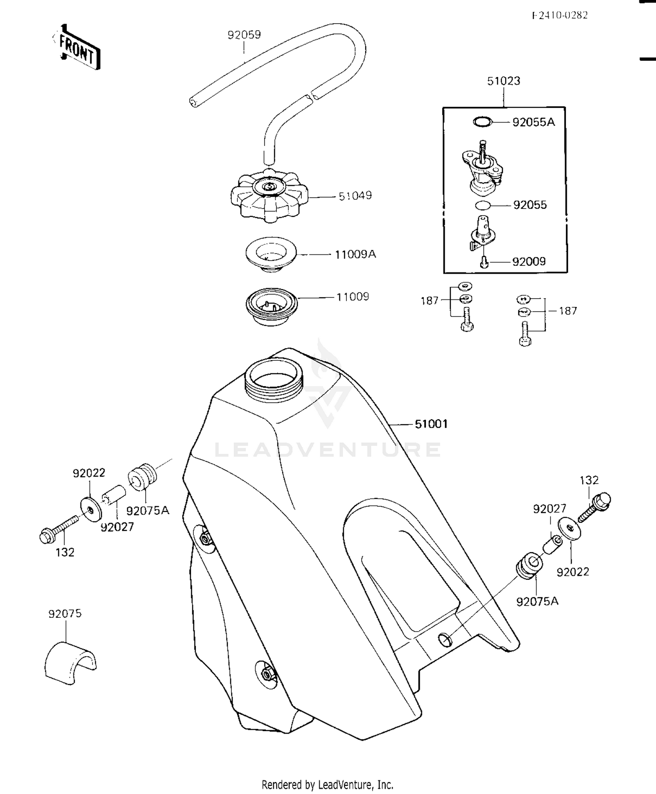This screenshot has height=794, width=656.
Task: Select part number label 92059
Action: (x=244, y=35)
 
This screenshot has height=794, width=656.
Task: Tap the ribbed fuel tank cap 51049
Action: (x=269, y=197)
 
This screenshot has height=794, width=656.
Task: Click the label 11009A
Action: (x=355, y=254)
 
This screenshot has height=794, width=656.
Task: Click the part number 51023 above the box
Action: (x=503, y=81)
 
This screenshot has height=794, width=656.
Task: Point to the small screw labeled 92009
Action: (x=483, y=262)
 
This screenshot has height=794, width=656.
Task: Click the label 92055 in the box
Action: (x=530, y=205)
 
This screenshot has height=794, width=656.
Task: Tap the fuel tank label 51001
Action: (x=431, y=424)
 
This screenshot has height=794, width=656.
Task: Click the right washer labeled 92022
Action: (x=569, y=530)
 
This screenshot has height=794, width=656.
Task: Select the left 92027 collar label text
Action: (x=117, y=527)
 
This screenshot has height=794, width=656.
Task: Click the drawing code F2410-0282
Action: (x=560, y=15)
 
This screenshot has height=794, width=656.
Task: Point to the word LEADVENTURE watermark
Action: (x=328, y=449)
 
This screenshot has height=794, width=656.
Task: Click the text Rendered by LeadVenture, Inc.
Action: (x=327, y=784)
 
